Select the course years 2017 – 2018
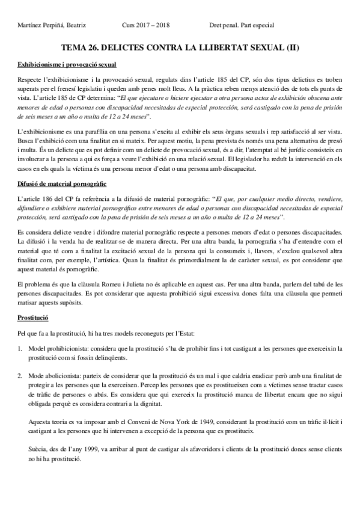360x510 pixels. (x=155, y=25)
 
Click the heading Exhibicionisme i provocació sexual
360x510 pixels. (x=67, y=64)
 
